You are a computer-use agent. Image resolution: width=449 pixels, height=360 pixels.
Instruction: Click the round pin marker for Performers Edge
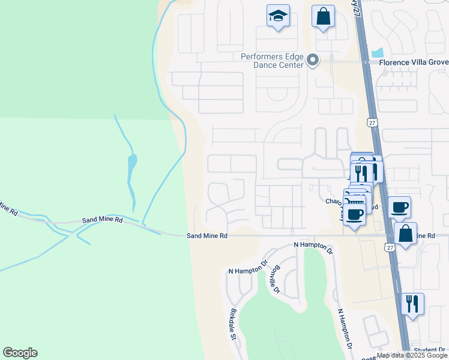312,60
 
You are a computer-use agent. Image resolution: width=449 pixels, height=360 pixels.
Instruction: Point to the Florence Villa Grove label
414,61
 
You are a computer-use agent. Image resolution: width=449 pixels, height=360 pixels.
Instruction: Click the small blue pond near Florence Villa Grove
378,52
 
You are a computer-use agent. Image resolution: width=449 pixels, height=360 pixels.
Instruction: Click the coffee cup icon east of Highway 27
399,208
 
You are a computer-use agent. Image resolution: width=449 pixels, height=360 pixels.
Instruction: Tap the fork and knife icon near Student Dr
412,304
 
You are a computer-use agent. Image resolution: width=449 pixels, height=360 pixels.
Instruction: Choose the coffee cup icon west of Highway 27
355,214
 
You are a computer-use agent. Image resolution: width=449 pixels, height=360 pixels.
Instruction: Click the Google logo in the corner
20,353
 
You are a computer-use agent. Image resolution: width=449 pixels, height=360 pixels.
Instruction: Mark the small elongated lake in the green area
131,163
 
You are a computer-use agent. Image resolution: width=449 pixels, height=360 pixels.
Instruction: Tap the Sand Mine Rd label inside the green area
103,220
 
